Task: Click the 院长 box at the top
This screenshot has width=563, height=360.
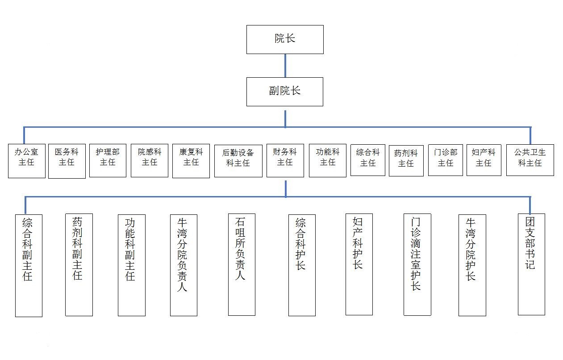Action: point(285,39)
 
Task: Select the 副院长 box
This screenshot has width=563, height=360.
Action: point(285,92)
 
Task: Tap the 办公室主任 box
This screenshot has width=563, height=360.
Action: point(26,161)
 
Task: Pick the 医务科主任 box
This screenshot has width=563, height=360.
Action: point(67,161)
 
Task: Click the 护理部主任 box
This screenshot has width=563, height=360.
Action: point(108,160)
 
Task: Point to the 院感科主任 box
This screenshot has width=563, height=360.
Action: point(149,160)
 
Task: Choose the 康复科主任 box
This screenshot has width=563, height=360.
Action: point(191,161)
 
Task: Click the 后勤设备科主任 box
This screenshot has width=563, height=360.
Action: point(238,161)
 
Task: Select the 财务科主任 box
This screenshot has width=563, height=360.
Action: point(285,160)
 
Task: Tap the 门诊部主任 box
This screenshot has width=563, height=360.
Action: point(445,160)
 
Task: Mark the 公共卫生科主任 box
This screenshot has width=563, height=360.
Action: point(530,160)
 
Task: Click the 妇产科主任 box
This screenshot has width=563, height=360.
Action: point(484,160)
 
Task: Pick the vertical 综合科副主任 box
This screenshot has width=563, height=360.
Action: point(29,266)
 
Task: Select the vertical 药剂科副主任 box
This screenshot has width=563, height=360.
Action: point(79,265)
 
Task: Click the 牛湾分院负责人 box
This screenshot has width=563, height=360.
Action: point(183,265)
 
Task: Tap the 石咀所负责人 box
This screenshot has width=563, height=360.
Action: point(242,265)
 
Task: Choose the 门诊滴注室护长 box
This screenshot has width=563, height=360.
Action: point(417,265)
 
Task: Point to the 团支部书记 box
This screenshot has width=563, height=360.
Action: point(531,264)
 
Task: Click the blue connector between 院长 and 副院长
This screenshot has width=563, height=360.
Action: point(285,66)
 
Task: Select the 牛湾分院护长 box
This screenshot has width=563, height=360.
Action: point(472,265)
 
